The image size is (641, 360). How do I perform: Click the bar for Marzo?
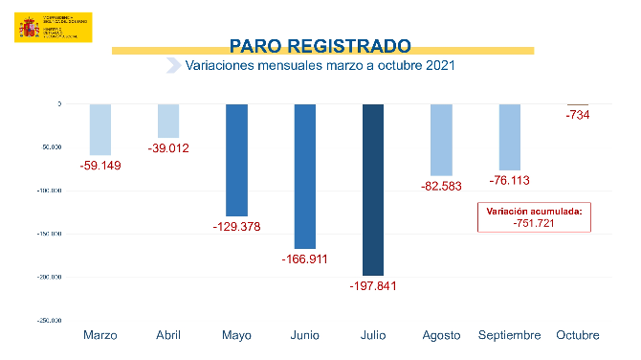pos(99,129)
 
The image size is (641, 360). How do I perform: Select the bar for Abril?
pos(168,121)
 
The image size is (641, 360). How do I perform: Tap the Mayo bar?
pos(236,160)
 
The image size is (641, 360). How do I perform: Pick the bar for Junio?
pos(304,176)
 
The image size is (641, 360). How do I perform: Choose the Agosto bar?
pos(441,140)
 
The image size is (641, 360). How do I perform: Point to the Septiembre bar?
pos(510,137)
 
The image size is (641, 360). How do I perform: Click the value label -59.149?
pos(99,165)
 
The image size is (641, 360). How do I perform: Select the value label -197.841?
pos(373,285)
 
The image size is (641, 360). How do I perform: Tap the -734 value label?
pos(577,115)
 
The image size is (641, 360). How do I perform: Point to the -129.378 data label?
pos(236,227)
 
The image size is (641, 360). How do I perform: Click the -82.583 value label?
pos(441,183)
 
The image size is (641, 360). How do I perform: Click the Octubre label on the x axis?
pos(578,335)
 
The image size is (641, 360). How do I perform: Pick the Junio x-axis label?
pos(304,335)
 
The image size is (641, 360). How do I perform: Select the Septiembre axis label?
pos(510,335)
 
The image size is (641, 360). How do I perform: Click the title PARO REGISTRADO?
pos(320,45)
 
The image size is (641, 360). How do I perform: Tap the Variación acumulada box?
pos(534,217)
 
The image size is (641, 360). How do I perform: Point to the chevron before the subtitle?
pos(173,66)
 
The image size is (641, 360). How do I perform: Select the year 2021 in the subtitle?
pos(437,66)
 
